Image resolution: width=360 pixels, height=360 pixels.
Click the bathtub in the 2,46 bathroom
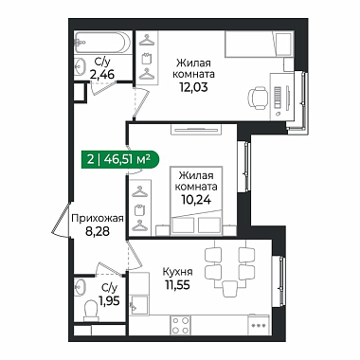pyautogui.click(x=102, y=42)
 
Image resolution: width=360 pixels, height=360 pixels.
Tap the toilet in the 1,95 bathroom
pyautogui.click(x=92, y=309)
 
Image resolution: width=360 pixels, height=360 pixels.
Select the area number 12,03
pyautogui.click(x=194, y=86)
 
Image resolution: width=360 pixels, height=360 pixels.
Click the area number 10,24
pyautogui.click(x=196, y=199)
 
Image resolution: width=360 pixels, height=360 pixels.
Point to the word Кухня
pyautogui.click(x=177, y=272)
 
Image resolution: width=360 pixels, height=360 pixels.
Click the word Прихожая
pyautogui.click(x=98, y=218)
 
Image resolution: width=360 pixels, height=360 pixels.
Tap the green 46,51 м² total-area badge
pyautogui.click(x=120, y=159)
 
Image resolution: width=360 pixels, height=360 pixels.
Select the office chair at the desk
pyautogui.click(x=259, y=99)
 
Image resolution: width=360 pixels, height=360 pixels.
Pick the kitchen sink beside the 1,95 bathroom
pyautogui.click(x=139, y=304)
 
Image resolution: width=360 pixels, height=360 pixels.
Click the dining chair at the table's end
pyautogui.click(x=229, y=289)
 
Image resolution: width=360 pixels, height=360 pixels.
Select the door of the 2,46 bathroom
pyautogui.click(x=103, y=87)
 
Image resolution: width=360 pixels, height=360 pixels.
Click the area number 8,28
pyautogui.click(x=98, y=231)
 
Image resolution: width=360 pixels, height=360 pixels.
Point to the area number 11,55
pyautogui.click(x=177, y=285)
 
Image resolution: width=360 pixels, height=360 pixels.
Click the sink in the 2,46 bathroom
pyautogui.click(x=81, y=66)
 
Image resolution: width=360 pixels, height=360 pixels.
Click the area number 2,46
pyautogui.click(x=101, y=75)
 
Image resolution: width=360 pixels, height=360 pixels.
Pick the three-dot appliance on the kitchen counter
pyautogui.click(x=259, y=325)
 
